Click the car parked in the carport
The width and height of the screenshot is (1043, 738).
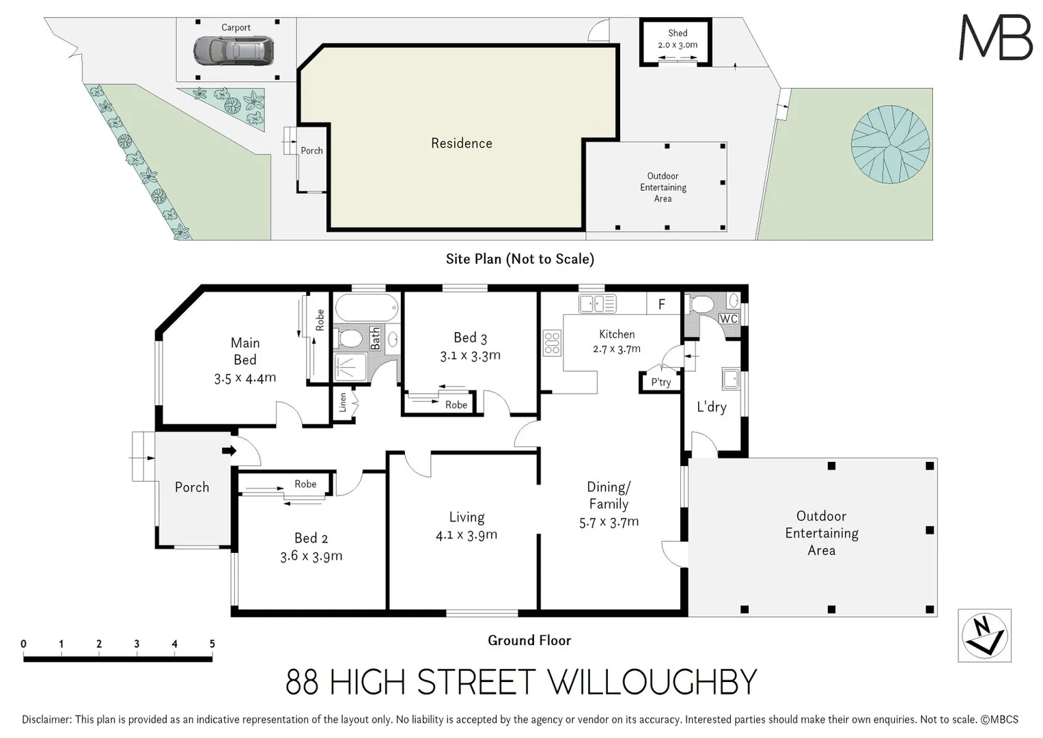tap(234, 50)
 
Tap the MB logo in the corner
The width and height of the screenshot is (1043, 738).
tap(995, 38)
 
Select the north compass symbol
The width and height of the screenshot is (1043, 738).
tap(984, 635)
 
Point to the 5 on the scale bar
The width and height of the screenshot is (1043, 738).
tap(212, 644)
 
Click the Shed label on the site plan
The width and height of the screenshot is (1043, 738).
tap(678, 33)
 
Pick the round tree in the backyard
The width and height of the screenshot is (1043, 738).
tap(890, 144)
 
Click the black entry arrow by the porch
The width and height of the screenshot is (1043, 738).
tap(229, 450)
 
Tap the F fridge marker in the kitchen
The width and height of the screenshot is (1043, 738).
tap(661, 305)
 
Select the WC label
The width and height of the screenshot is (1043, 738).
tap(728, 319)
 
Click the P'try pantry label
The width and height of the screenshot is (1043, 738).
tap(660, 383)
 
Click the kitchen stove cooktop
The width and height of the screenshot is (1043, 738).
tap(552, 343)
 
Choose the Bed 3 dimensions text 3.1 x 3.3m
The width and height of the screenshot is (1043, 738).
tap(470, 355)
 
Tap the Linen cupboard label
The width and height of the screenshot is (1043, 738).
tap(343, 402)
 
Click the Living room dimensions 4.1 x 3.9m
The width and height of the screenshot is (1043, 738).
tap(467, 535)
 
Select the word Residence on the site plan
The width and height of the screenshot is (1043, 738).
tap(461, 143)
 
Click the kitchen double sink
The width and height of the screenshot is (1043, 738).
tap(597, 303)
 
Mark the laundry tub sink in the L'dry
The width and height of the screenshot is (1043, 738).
tap(730, 378)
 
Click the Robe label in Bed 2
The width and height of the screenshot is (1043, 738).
tap(305, 484)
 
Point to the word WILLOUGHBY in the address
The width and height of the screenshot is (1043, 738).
tap(652, 682)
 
